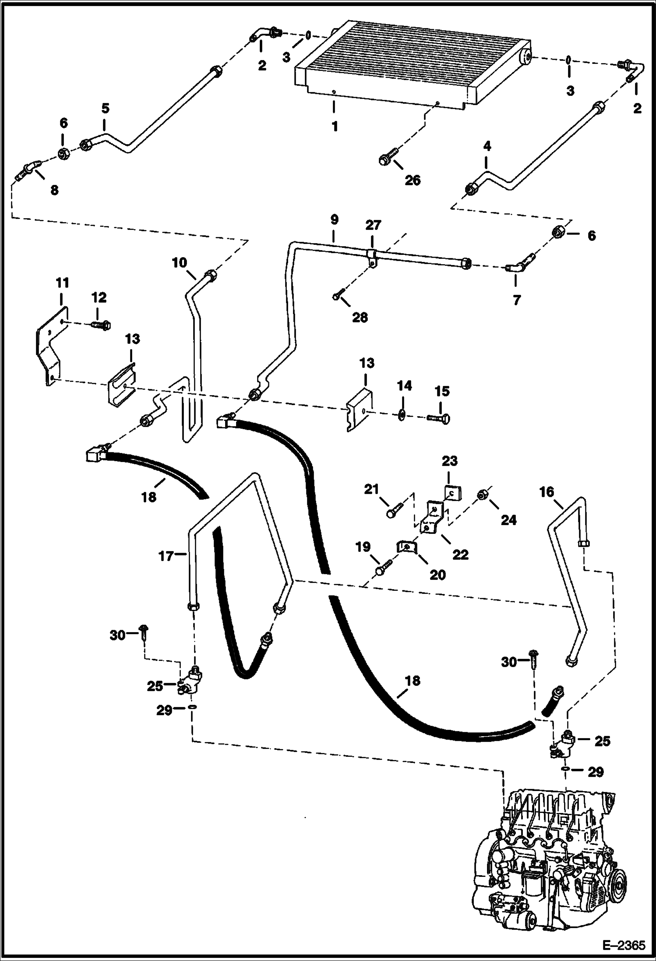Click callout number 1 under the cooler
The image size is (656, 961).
tap(335, 127)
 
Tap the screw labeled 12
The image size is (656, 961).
tap(101, 325)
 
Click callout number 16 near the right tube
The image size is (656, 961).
tap(546, 492)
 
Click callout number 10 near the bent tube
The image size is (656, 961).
tap(180, 263)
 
